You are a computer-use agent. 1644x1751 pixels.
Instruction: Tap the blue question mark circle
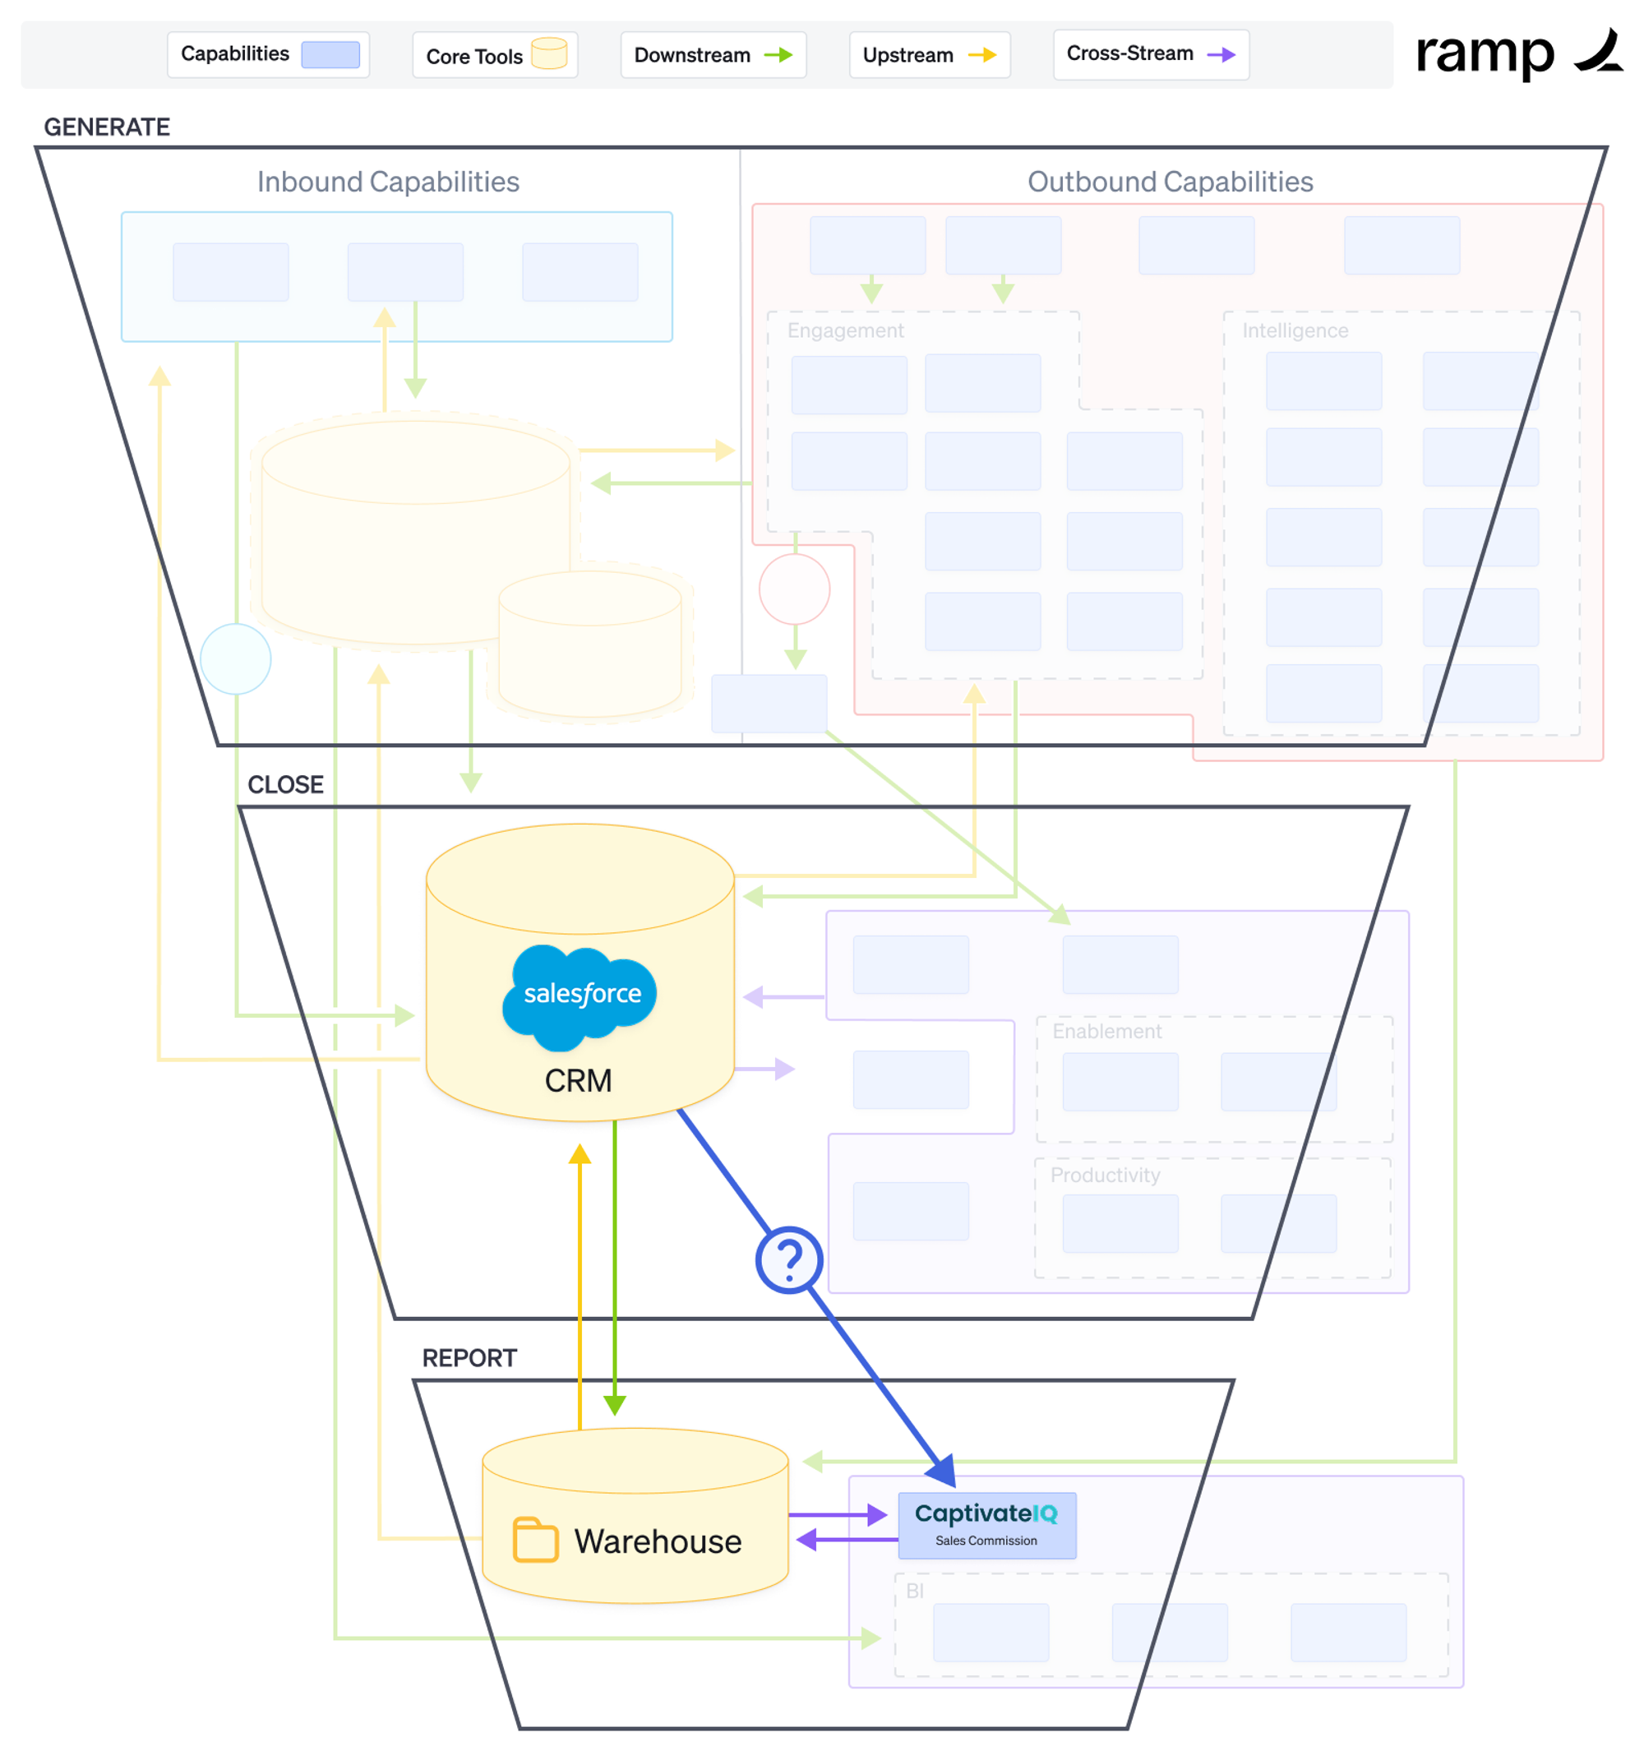(x=789, y=1259)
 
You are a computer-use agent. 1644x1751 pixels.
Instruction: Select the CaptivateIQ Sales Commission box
(x=986, y=1525)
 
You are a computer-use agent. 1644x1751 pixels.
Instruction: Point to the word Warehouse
(x=657, y=1541)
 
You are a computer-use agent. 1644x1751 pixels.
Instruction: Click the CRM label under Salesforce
(x=578, y=1080)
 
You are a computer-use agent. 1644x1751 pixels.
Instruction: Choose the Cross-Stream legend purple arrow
(x=1221, y=54)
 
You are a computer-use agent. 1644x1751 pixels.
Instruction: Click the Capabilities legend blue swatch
(x=330, y=54)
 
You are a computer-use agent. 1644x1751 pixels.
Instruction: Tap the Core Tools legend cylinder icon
(x=548, y=53)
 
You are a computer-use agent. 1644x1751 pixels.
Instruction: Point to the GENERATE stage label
(x=107, y=127)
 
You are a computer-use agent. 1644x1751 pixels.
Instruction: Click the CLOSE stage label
(x=285, y=784)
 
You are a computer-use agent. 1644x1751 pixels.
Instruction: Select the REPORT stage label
(x=469, y=1357)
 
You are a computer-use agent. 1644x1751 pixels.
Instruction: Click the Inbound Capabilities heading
(x=387, y=182)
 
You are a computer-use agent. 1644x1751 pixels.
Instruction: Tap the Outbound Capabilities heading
(x=1170, y=182)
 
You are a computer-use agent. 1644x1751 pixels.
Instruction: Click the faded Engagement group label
(x=844, y=330)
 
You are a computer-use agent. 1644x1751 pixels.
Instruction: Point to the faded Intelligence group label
(x=1295, y=330)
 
